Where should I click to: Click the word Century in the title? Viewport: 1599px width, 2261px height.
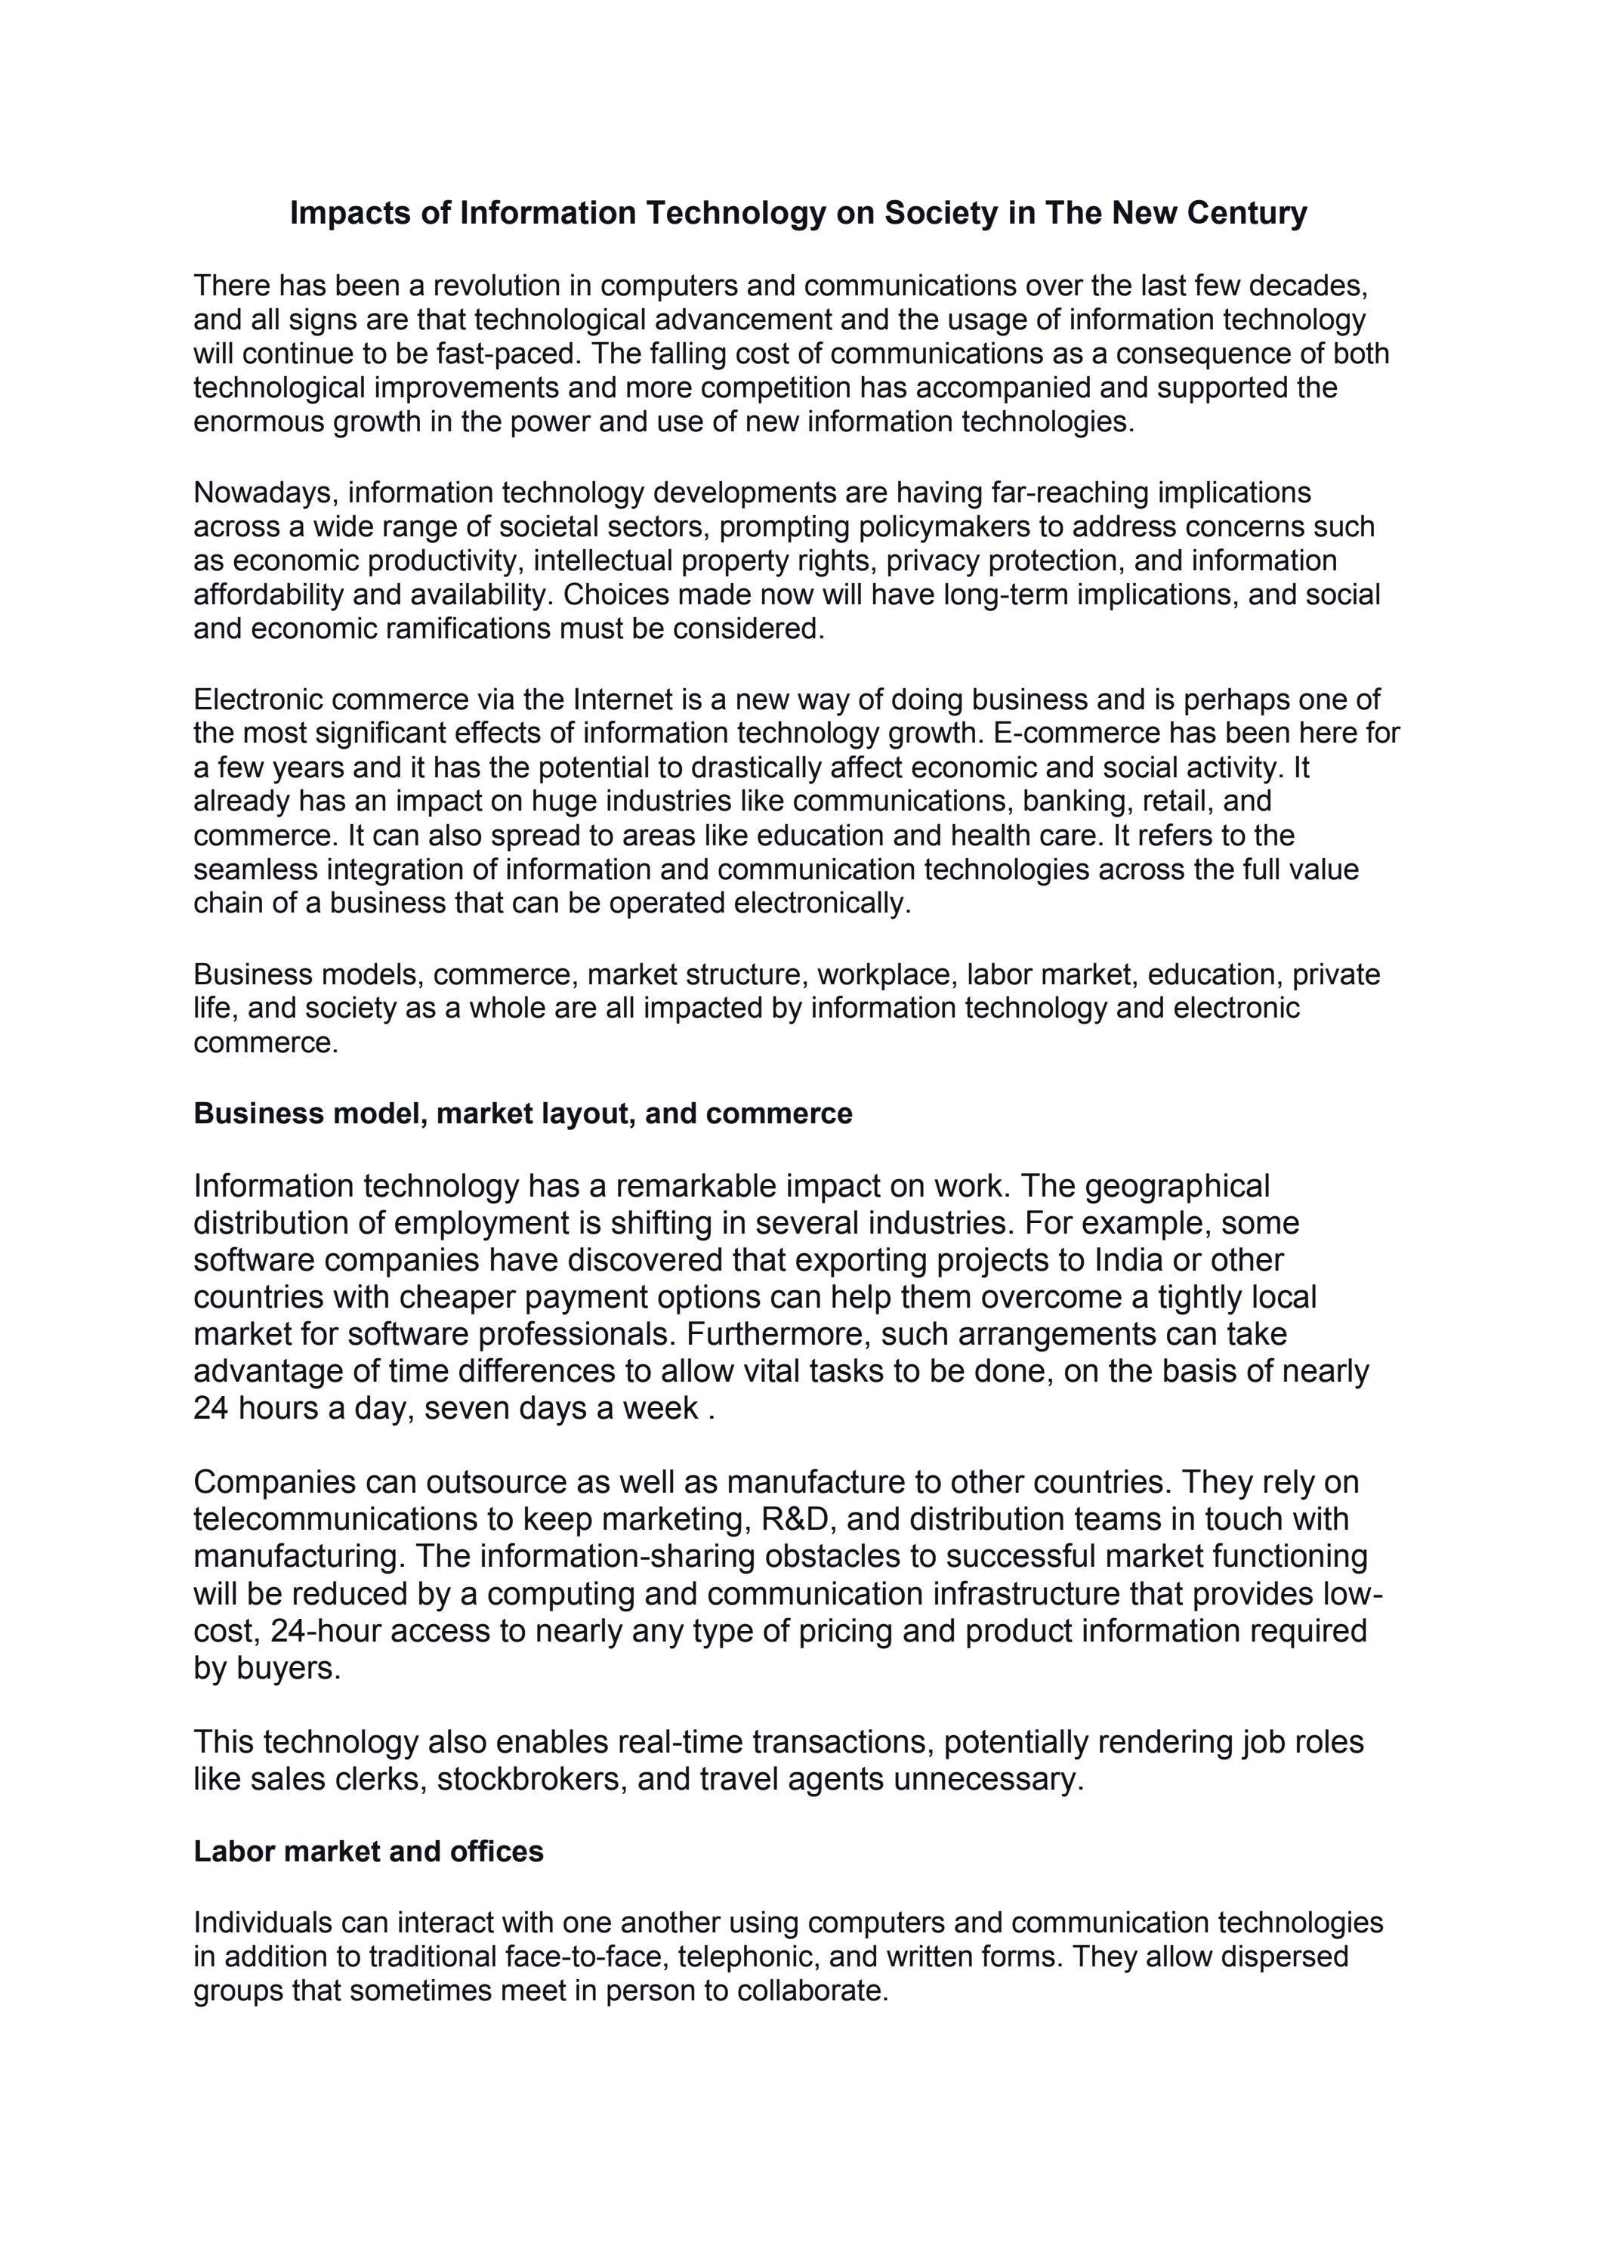[1246, 213]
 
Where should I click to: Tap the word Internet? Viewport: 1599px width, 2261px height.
[622, 700]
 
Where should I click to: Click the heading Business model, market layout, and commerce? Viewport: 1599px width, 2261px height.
[523, 1114]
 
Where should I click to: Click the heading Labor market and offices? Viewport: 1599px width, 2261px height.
[369, 1852]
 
